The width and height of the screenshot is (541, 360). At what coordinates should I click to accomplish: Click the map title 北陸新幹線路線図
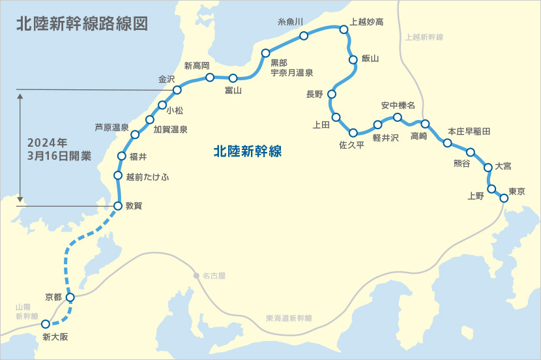point(82,24)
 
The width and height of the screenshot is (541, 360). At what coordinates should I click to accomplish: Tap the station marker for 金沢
point(177,89)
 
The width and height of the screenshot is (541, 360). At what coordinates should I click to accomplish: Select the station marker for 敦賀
point(118,206)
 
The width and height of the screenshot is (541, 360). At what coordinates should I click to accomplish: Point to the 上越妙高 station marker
point(344,29)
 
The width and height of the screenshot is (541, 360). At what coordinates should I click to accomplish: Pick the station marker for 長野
point(332,94)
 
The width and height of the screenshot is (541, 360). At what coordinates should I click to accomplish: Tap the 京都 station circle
point(70,297)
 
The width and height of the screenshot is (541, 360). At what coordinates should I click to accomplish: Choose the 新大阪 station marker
point(46,323)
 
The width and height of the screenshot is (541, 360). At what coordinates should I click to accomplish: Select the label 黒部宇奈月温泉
point(292,68)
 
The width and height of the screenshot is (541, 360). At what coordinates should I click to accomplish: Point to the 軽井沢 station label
point(385,138)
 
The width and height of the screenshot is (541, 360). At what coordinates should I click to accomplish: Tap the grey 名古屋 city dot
point(196,276)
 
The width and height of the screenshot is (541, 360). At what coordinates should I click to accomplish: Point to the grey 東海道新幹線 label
point(289,318)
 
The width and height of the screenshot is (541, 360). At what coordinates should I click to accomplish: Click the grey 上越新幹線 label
point(424,37)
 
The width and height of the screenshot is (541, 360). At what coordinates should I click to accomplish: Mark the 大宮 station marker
point(488,168)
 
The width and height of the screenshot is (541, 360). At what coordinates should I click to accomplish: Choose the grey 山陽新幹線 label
point(28,311)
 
